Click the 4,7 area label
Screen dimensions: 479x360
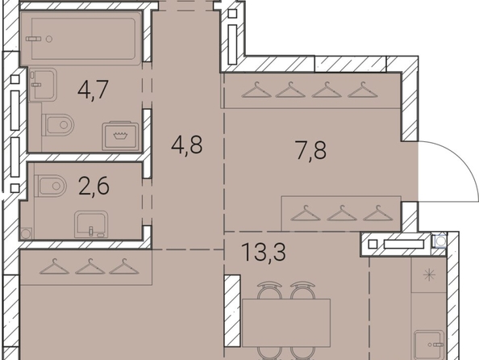coord(94,90)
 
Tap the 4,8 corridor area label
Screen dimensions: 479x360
coord(186,145)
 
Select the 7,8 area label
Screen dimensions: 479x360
coord(311,150)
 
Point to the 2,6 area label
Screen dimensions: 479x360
coord(94,186)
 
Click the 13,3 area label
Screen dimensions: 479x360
coord(264,252)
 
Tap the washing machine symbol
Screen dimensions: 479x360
coord(120,136)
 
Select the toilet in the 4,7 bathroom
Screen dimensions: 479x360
coord(58,125)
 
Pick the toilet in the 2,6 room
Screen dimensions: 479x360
coord(51,186)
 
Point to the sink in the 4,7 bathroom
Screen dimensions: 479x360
coord(43,85)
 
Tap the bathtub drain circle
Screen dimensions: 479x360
coord(49,39)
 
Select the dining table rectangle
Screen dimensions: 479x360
coord(286,323)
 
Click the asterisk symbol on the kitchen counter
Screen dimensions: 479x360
coord(429,275)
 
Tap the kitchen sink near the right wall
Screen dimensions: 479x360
coord(429,345)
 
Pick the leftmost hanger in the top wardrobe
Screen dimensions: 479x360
coord(256,90)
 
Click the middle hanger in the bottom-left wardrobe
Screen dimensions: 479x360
coord(90,266)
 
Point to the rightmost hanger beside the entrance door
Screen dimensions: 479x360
coord(378,213)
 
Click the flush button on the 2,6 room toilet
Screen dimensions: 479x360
coord(56,186)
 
